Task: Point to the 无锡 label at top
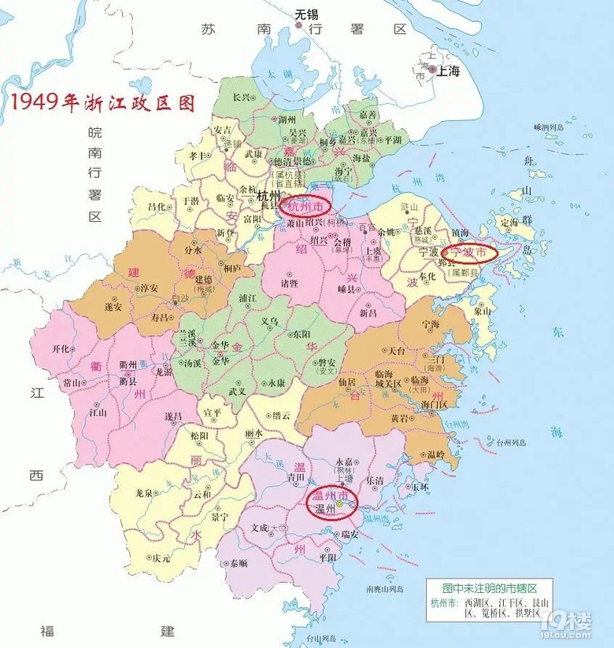(x=307, y=13)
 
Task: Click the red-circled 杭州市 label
(x=305, y=205)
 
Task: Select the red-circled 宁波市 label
(x=468, y=252)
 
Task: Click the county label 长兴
(x=242, y=98)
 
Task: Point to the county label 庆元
(x=162, y=558)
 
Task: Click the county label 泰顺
(x=238, y=563)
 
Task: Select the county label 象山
(x=483, y=311)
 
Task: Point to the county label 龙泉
(x=144, y=493)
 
